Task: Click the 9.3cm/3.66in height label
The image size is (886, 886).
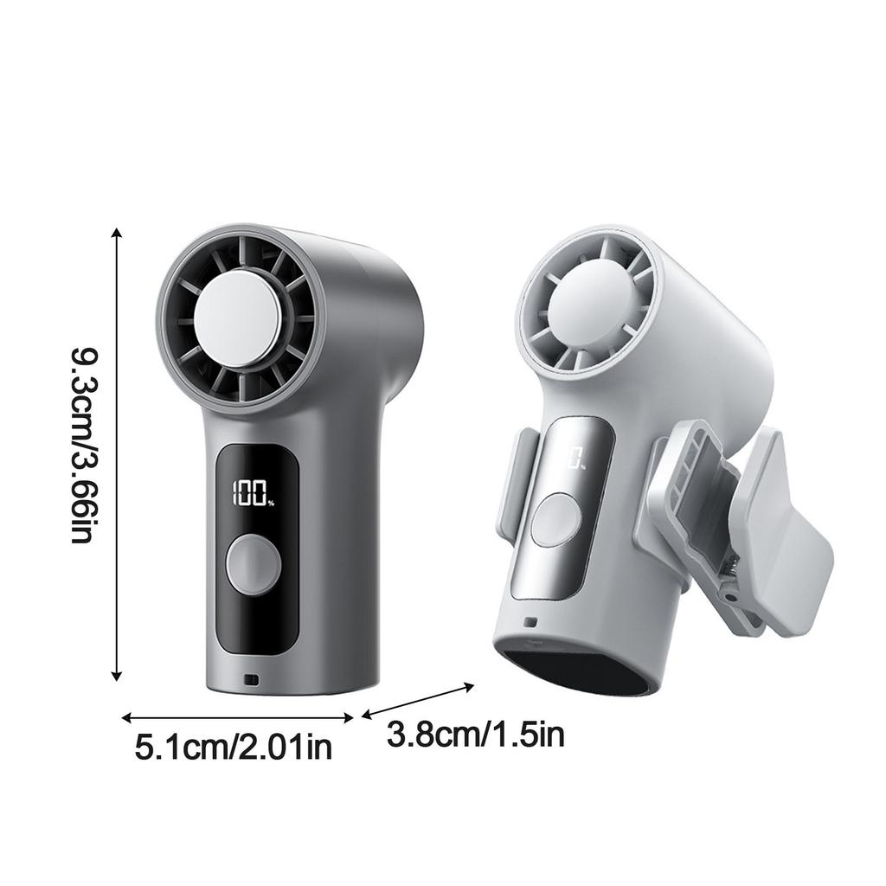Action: [85, 446]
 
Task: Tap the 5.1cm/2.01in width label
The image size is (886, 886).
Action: [234, 747]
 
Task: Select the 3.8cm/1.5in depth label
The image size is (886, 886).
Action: [476, 735]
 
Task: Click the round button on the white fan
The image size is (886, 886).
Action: [556, 519]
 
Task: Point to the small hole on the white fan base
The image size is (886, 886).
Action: [530, 622]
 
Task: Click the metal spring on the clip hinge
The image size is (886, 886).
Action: [730, 565]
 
